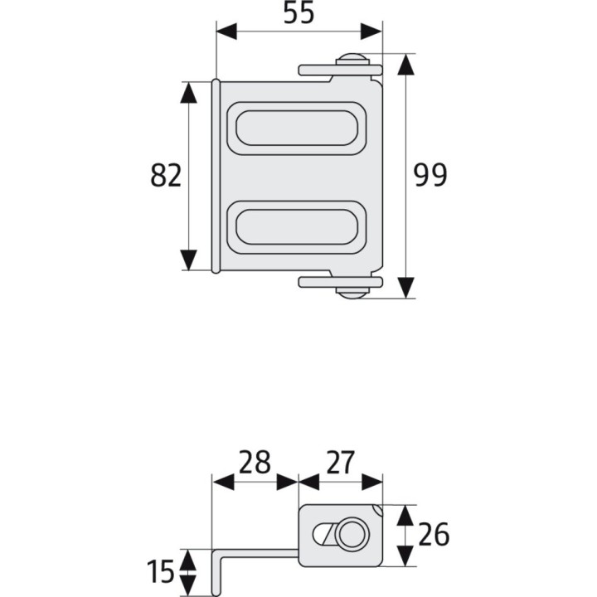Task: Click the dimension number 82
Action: point(166,176)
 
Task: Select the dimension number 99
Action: point(430,176)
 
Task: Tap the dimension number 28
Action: point(255,462)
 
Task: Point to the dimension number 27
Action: point(340,462)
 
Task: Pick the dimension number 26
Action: point(433,536)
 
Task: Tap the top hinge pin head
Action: point(352,60)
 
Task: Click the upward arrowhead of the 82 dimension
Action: point(190,92)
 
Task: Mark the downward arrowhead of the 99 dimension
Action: point(405,288)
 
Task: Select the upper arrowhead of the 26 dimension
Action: point(405,515)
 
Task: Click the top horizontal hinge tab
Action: point(319,70)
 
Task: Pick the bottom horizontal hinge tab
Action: point(319,282)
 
